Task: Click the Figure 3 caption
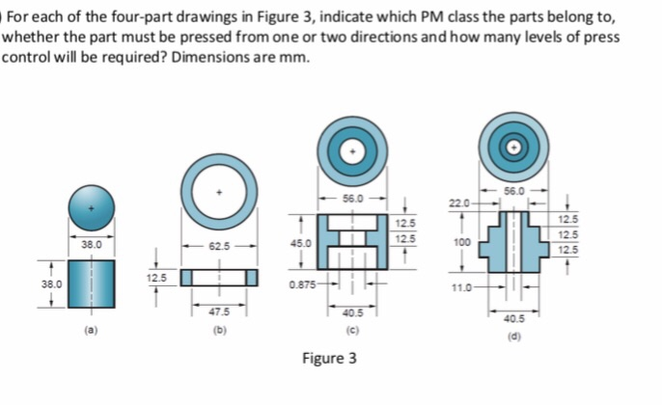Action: tap(329, 359)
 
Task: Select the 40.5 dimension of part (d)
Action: tap(513, 317)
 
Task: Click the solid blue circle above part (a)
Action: tap(92, 207)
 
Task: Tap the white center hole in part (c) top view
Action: tap(353, 153)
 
